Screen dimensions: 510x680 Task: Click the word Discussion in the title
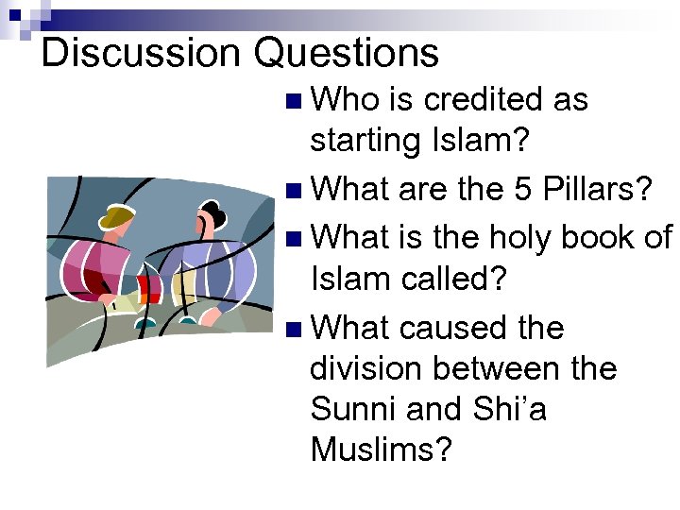(143, 53)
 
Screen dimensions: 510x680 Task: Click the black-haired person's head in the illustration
(210, 222)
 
